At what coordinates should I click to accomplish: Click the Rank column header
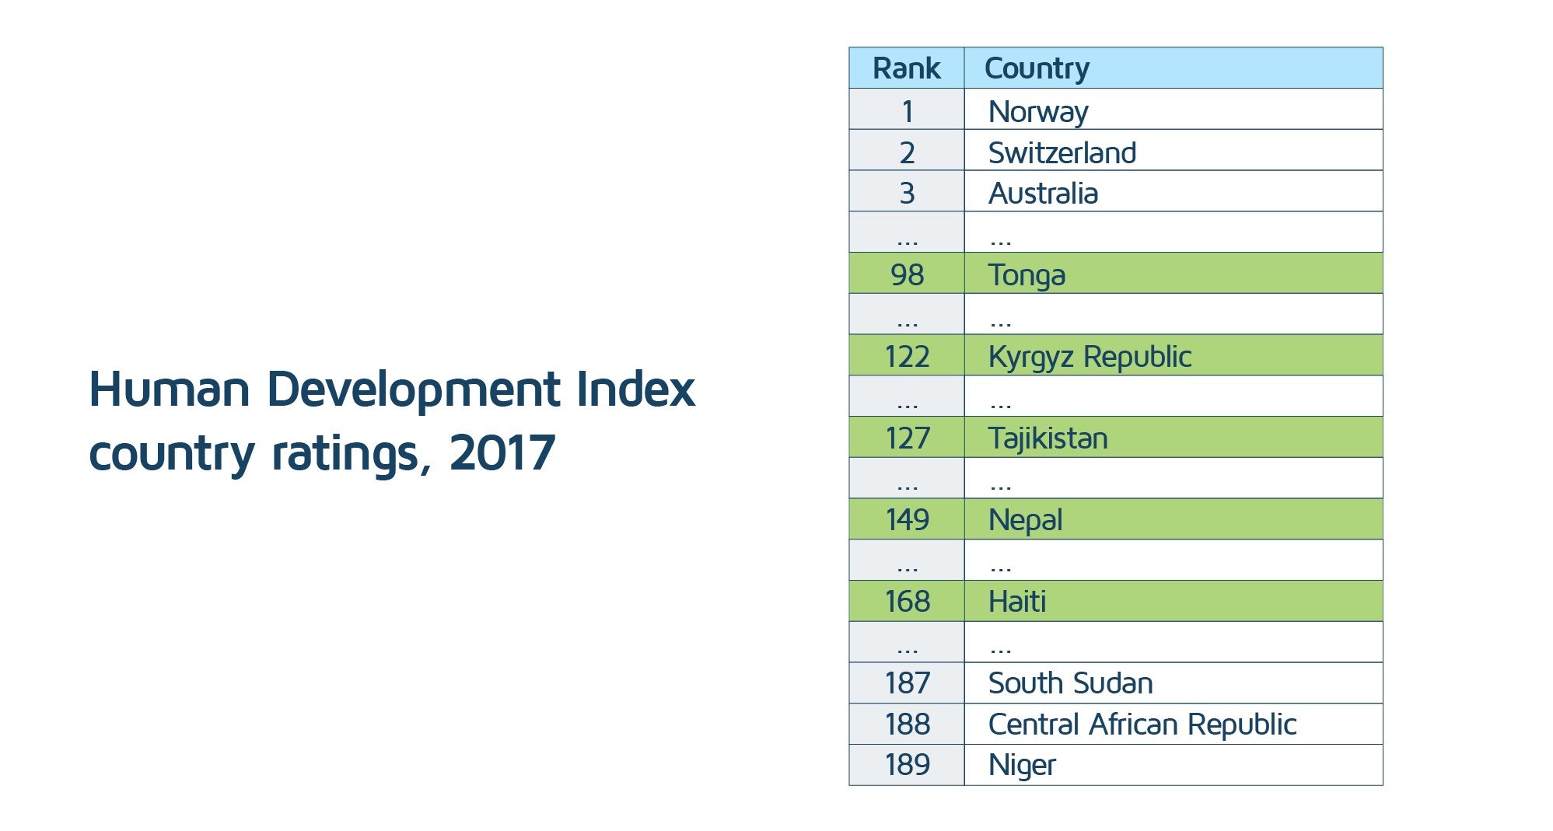[x=906, y=68]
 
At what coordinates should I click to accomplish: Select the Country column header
[x=1037, y=68]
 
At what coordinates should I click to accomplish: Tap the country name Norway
[x=1037, y=111]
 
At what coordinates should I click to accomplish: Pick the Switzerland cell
[x=1062, y=152]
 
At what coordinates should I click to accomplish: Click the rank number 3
[x=907, y=193]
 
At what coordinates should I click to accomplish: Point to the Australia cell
[x=1043, y=194]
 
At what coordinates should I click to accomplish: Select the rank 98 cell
[x=907, y=274]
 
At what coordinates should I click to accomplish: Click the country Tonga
[x=1027, y=275]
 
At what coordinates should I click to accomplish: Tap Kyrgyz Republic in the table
[x=1090, y=357]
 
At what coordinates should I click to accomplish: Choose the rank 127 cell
[x=907, y=438]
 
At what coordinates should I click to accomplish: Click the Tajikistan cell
[x=1048, y=438]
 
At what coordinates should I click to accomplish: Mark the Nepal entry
[x=1025, y=520]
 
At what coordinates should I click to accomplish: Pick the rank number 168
[x=907, y=602]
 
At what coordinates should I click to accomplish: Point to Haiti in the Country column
[x=1016, y=602]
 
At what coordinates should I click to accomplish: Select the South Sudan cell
[x=1070, y=683]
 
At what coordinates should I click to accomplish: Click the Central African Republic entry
[x=1142, y=725]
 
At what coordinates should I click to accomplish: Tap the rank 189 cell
[x=907, y=765]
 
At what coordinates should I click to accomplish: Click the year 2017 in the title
[x=502, y=452]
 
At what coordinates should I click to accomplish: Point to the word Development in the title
[x=413, y=389]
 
